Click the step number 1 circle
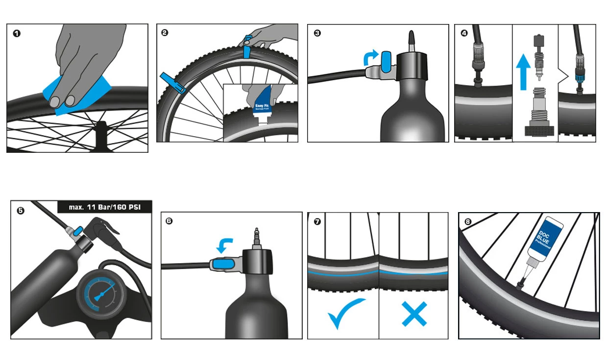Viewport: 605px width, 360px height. point(17,34)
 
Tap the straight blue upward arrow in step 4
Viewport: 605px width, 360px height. point(524,72)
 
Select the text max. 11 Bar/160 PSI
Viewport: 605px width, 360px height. point(105,207)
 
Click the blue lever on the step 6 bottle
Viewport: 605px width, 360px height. point(223,264)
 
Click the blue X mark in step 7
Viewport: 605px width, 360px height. point(414,313)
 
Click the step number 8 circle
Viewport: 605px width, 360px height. point(467,221)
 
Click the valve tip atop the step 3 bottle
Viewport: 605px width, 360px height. point(411,40)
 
